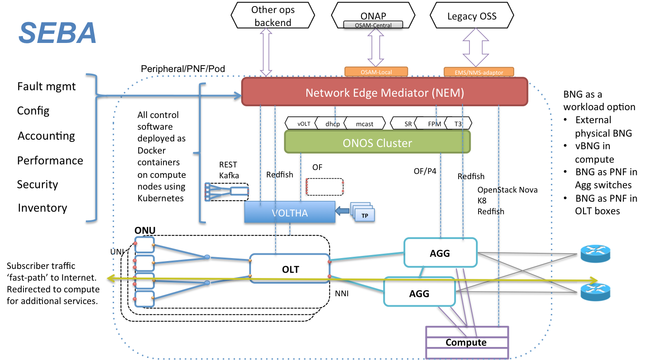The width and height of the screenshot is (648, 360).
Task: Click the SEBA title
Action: click(57, 33)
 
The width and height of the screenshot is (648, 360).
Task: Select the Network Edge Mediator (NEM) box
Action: click(384, 92)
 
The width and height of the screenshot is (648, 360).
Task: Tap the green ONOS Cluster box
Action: click(377, 142)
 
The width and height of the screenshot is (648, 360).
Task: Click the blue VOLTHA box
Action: click(290, 212)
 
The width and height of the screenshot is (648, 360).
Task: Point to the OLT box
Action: click(290, 268)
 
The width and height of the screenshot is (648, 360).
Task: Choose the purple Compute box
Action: click(467, 342)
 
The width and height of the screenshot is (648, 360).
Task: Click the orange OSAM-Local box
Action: click(376, 72)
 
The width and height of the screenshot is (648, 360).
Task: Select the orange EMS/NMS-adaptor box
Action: click(479, 72)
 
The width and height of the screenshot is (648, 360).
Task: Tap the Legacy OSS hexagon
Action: click(472, 16)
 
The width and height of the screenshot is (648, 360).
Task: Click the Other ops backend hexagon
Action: click(273, 16)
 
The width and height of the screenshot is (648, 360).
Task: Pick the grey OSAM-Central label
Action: click(373, 25)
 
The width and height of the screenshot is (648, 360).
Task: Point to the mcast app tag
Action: click(365, 124)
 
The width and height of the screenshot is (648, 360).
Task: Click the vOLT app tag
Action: click(302, 124)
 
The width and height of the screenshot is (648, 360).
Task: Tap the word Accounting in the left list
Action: click(46, 136)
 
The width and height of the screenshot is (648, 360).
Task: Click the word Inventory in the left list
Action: click(42, 208)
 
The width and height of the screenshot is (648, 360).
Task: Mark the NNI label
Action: click(342, 294)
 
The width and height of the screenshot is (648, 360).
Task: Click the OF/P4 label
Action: click(425, 171)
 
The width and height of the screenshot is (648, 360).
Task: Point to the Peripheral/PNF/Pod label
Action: click(183, 69)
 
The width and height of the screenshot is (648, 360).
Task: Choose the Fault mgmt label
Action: click(46, 86)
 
